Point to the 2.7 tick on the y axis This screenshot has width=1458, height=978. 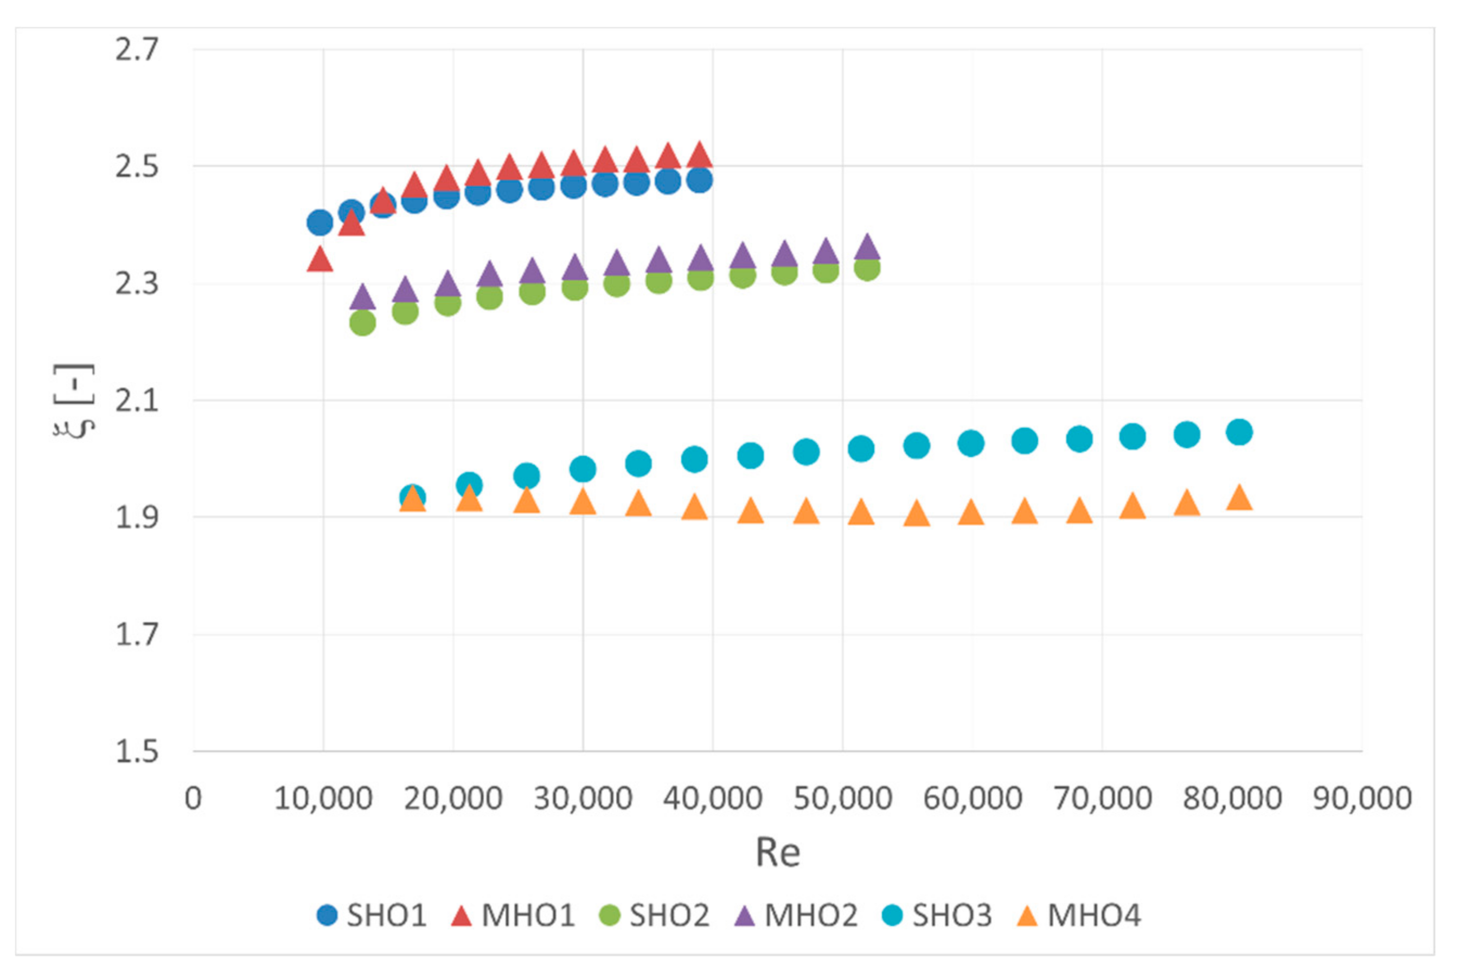tap(137, 50)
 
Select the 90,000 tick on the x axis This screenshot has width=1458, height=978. tap(1362, 799)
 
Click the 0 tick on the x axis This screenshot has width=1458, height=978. tap(194, 799)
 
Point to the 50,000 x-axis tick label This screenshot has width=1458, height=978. tap(842, 799)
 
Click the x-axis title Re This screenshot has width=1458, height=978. tap(777, 853)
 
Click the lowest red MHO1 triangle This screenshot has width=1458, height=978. tap(320, 260)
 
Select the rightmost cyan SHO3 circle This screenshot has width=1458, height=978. tap(1239, 432)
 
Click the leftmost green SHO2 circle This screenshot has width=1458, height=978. tap(362, 323)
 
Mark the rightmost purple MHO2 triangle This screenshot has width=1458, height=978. tap(867, 248)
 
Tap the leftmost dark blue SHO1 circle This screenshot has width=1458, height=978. tap(320, 223)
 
